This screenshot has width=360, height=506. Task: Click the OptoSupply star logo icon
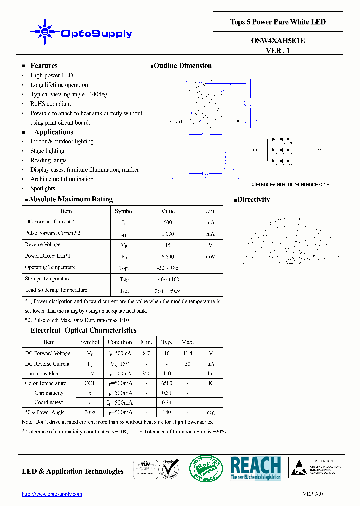pyautogui.click(x=45, y=32)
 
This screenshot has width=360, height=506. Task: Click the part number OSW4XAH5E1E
pyautogui.click(x=277, y=41)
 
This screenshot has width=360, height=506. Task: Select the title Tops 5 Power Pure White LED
pyautogui.click(x=277, y=22)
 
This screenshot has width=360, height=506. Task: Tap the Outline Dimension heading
pyautogui.click(x=182, y=66)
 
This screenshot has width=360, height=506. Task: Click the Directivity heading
pyautogui.click(x=253, y=200)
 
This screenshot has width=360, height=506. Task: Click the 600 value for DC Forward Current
pyautogui.click(x=168, y=222)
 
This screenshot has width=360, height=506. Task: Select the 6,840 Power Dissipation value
pyautogui.click(x=168, y=256)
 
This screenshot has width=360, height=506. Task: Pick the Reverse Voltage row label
pyautogui.click(x=43, y=245)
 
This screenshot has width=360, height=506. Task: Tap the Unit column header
pyautogui.click(x=210, y=211)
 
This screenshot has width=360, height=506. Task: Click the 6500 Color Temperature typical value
pyautogui.click(x=167, y=383)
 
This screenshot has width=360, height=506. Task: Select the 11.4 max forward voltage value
pyautogui.click(x=187, y=353)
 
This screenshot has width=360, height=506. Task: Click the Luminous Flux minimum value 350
pyautogui.click(x=146, y=373)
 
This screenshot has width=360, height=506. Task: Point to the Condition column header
pyautogui.click(x=120, y=342)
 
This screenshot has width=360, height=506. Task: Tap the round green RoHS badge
pyautogui.click(x=203, y=469)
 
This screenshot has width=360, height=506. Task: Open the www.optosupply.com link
pyautogui.click(x=52, y=494)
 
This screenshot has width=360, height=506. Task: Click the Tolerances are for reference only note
pyautogui.click(x=289, y=184)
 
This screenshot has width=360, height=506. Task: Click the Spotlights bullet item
pyautogui.click(x=43, y=189)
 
